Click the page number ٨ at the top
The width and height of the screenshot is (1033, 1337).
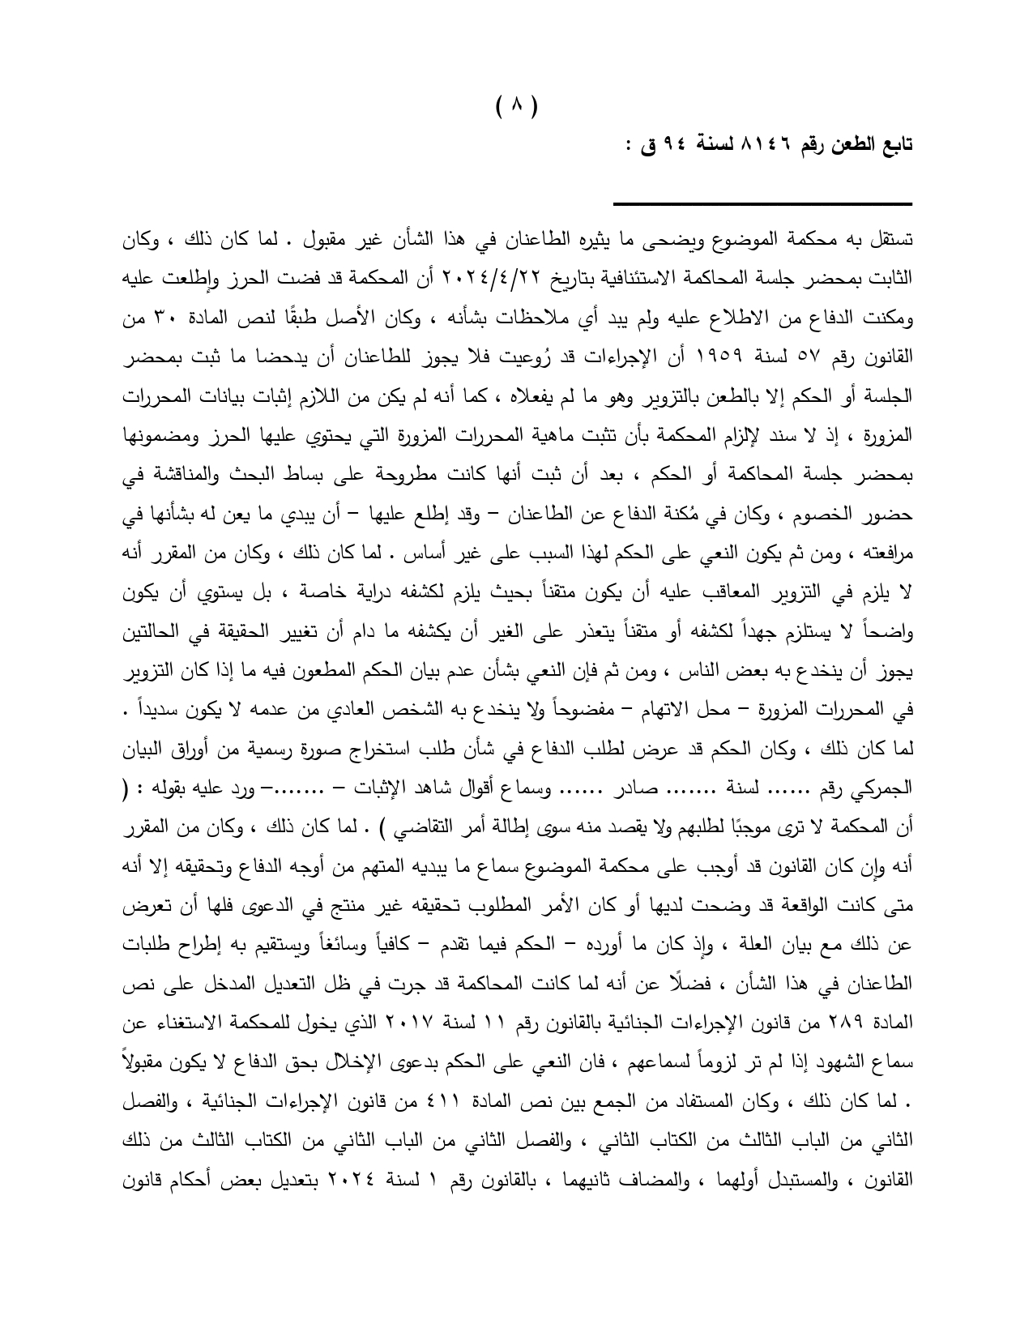tap(516, 105)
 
